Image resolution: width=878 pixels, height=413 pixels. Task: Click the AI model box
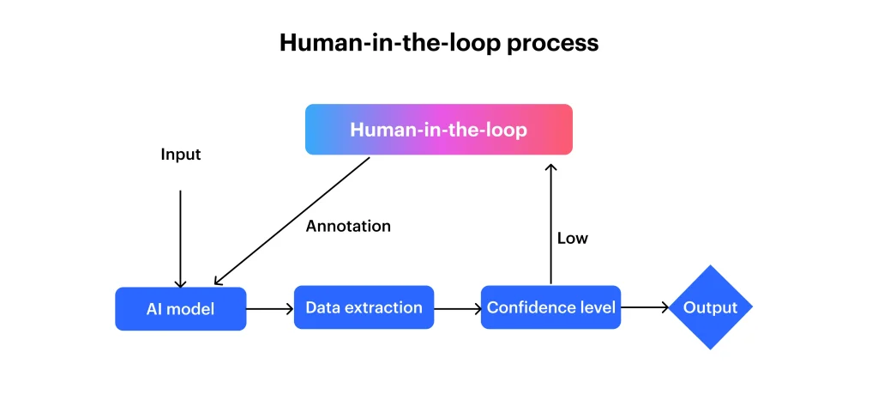pos(181,308)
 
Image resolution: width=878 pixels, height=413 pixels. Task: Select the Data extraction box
pos(364,307)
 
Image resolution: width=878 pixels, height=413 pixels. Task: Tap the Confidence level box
pos(550,307)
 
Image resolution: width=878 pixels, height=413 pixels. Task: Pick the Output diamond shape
pos(710,307)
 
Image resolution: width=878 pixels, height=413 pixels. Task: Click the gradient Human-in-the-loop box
pos(438,130)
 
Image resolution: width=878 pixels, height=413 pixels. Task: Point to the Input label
pos(181,155)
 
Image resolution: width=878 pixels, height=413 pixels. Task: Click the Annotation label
pos(348,227)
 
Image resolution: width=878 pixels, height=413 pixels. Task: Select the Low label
pos(573,239)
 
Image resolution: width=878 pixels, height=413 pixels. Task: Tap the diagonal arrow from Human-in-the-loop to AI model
pos(292,221)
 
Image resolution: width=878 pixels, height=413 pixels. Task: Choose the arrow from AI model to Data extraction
pos(269,308)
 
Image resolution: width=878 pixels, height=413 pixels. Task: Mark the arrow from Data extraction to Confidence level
pos(457,308)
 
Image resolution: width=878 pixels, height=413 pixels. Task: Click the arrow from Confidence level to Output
pos(644,308)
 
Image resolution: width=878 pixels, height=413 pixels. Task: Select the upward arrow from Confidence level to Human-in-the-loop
pos(550,223)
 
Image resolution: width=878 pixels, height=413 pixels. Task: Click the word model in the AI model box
pos(191,309)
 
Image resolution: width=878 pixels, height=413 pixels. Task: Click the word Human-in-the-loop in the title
pos(389,44)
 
